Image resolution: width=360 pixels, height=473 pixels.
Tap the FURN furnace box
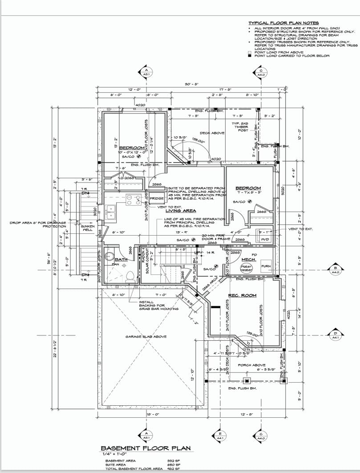click(x=266, y=266)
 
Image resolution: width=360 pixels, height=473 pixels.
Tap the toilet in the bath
click(x=130, y=276)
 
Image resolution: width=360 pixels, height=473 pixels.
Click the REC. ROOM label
click(x=243, y=295)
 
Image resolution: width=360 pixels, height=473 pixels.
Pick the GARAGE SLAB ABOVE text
click(x=146, y=337)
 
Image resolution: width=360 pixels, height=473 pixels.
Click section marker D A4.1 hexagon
click(x=335, y=334)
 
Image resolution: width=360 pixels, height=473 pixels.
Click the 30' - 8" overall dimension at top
click(x=191, y=85)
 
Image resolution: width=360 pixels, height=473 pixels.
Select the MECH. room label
click(x=247, y=260)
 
